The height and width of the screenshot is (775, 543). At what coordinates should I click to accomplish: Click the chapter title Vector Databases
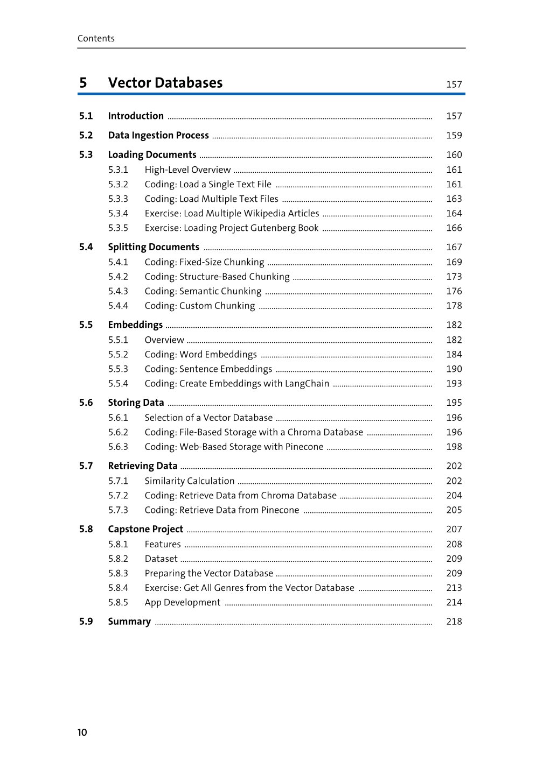(165, 83)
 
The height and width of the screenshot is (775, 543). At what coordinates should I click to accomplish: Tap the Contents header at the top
(96, 38)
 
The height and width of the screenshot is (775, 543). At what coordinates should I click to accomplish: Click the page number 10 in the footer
(82, 732)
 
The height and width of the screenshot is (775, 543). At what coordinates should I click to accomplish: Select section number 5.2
(86, 135)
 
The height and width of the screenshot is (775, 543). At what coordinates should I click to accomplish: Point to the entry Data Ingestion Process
(158, 135)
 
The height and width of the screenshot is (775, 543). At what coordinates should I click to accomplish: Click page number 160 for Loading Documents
(454, 154)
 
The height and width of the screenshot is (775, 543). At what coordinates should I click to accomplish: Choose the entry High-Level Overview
(187, 170)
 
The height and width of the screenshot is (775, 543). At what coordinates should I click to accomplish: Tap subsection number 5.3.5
(118, 228)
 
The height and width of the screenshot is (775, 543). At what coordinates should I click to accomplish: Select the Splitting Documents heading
(154, 247)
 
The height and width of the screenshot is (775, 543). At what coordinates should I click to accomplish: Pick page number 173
(454, 277)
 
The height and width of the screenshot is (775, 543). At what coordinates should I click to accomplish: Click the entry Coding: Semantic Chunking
(203, 291)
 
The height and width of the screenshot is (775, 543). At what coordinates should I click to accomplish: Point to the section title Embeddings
(135, 325)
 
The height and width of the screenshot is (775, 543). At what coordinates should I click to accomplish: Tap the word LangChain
(309, 383)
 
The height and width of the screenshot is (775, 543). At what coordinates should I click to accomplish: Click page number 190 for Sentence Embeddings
(454, 369)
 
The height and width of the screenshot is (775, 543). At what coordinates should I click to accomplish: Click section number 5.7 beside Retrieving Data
(86, 466)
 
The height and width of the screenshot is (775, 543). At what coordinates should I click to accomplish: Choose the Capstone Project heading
(145, 529)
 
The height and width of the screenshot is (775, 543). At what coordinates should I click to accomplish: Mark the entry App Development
(182, 602)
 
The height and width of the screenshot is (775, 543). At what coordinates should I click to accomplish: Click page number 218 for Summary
(454, 621)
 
